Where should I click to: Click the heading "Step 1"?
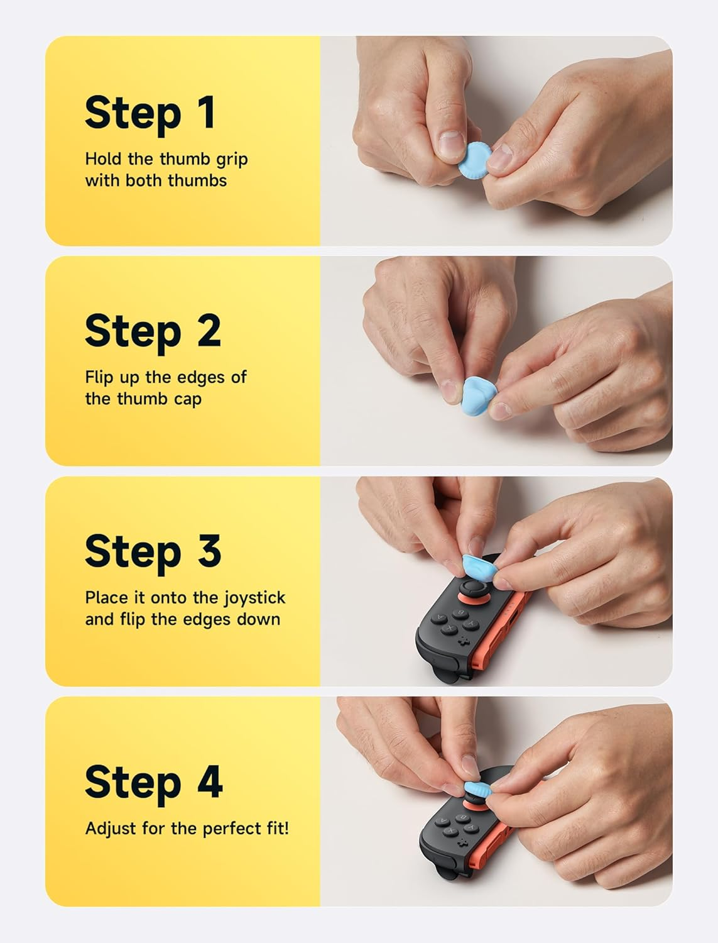[150, 113]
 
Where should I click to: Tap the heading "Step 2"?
[153, 331]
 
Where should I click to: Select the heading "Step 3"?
[153, 551]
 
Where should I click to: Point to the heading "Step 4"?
[153, 782]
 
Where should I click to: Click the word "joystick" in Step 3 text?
[254, 598]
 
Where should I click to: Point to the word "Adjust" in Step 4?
[111, 829]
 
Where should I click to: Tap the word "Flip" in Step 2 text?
[99, 377]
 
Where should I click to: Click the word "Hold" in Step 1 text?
[104, 159]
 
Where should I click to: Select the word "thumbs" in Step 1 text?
[197, 180]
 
